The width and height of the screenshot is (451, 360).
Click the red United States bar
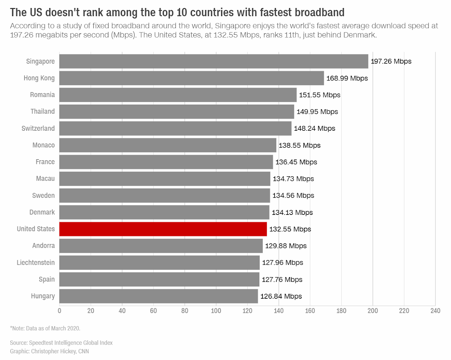pyautogui.click(x=163, y=229)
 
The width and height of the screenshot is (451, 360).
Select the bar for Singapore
pyautogui.click(x=213, y=61)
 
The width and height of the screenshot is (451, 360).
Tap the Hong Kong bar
pyautogui.click(x=191, y=78)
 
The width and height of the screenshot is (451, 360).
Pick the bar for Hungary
pyautogui.click(x=158, y=296)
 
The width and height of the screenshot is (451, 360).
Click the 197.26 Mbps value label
pyautogui.click(x=391, y=61)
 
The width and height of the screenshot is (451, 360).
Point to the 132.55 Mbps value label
pyautogui.click(x=290, y=229)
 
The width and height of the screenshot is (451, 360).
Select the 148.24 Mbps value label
pyautogui.click(x=314, y=128)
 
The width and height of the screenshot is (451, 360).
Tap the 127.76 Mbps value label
pyautogui.click(x=282, y=280)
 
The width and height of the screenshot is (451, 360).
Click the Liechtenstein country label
pyautogui.click(x=36, y=262)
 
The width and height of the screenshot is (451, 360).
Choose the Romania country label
pyautogui.click(x=42, y=95)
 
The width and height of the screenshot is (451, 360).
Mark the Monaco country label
pyautogui.click(x=44, y=145)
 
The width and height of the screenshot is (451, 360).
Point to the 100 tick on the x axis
pyautogui.click(x=216, y=311)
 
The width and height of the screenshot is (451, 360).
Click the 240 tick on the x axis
pyautogui.click(x=435, y=311)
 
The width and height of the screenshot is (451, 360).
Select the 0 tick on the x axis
pyautogui.click(x=59, y=311)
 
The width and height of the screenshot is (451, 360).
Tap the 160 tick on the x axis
pyautogui.click(x=310, y=311)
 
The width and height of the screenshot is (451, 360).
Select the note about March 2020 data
pyautogui.click(x=45, y=328)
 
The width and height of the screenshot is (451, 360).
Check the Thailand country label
pyautogui.click(x=43, y=112)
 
